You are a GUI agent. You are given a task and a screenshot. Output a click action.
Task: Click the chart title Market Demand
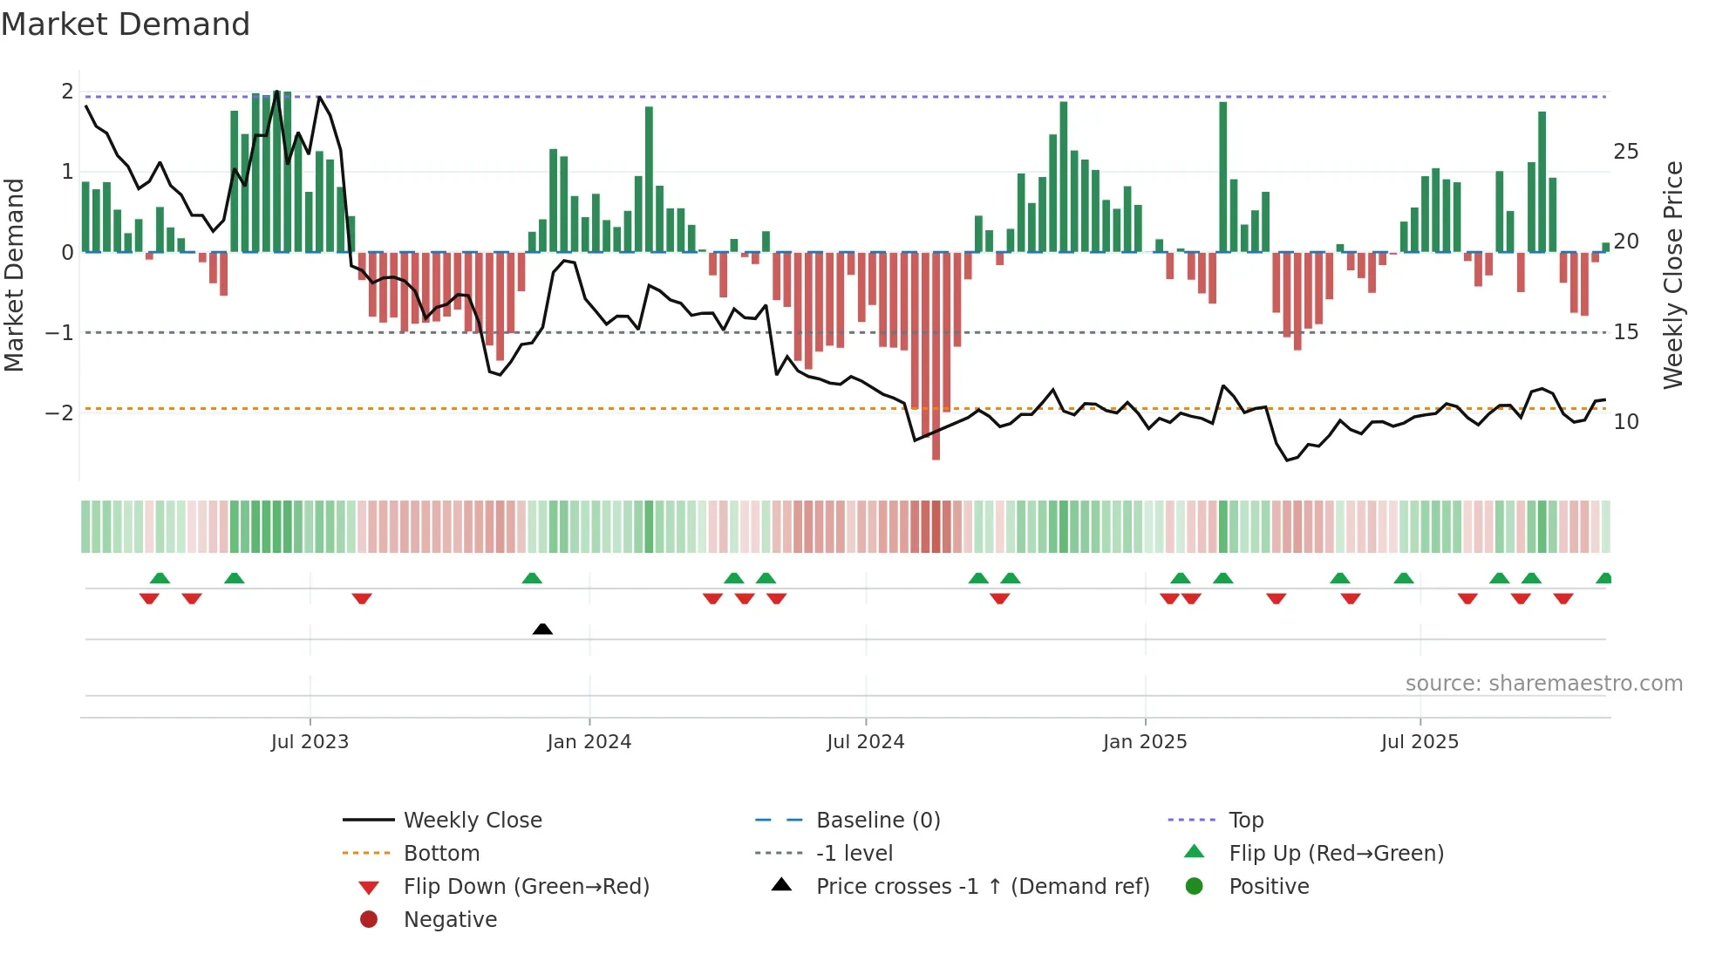(x=126, y=24)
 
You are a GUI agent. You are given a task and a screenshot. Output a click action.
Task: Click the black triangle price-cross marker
(x=542, y=629)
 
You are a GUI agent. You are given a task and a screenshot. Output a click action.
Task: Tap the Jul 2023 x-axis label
(x=310, y=742)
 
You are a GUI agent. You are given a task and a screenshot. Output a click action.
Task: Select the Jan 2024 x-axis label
(x=589, y=742)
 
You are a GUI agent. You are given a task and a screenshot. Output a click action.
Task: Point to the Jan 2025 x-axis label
(x=1144, y=742)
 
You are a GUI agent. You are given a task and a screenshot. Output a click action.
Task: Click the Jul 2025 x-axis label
(x=1420, y=742)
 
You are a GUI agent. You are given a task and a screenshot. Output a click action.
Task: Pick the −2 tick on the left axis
(x=59, y=413)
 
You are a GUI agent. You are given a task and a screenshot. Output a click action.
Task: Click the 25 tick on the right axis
(x=1625, y=152)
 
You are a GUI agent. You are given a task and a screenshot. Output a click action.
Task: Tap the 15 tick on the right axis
(x=1625, y=332)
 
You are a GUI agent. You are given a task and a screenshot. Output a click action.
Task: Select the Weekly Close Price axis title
(x=1672, y=275)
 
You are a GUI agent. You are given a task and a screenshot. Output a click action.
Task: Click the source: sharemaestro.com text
(x=1543, y=684)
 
